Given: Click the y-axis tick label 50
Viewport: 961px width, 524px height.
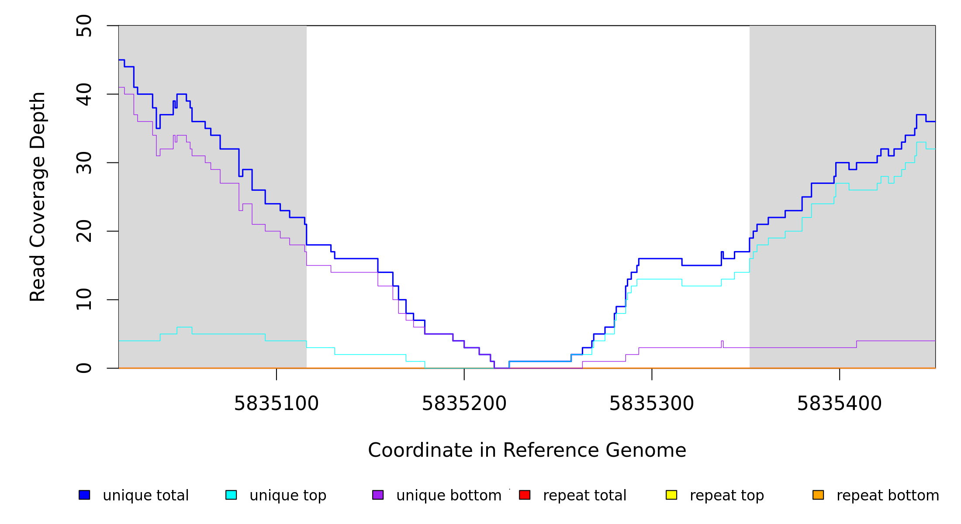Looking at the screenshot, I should click(x=84, y=26).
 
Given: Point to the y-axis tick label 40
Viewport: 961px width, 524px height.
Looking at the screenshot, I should click(x=84, y=94).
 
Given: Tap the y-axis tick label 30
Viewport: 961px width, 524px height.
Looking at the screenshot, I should click(x=84, y=163).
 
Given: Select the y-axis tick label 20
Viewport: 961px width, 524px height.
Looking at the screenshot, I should click(x=84, y=231).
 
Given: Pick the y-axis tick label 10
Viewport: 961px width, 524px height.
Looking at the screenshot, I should click(x=84, y=300).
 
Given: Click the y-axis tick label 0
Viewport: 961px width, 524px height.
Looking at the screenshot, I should click(x=84, y=368).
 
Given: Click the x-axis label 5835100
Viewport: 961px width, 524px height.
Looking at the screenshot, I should click(x=277, y=404).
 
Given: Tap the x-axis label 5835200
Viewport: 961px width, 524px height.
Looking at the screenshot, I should click(x=464, y=404).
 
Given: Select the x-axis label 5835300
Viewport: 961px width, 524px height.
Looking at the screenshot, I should click(x=652, y=404).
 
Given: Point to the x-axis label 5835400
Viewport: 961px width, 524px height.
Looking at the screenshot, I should click(x=840, y=404).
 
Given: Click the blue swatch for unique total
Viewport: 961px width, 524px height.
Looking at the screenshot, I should click(x=84, y=495).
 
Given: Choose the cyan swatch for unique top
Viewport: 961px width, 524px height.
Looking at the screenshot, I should click(x=231, y=495).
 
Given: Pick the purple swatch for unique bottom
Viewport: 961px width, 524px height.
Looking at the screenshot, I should click(x=378, y=495).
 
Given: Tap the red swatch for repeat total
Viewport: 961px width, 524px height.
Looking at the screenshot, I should click(x=525, y=495).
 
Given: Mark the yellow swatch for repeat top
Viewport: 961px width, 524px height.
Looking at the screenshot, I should click(x=671, y=495).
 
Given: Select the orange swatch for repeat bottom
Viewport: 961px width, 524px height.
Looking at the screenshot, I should click(x=818, y=495).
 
